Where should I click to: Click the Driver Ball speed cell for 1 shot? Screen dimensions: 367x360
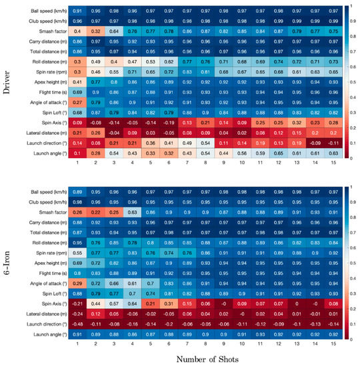[77, 12]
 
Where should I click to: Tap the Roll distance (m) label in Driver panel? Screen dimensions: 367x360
[46, 59]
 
